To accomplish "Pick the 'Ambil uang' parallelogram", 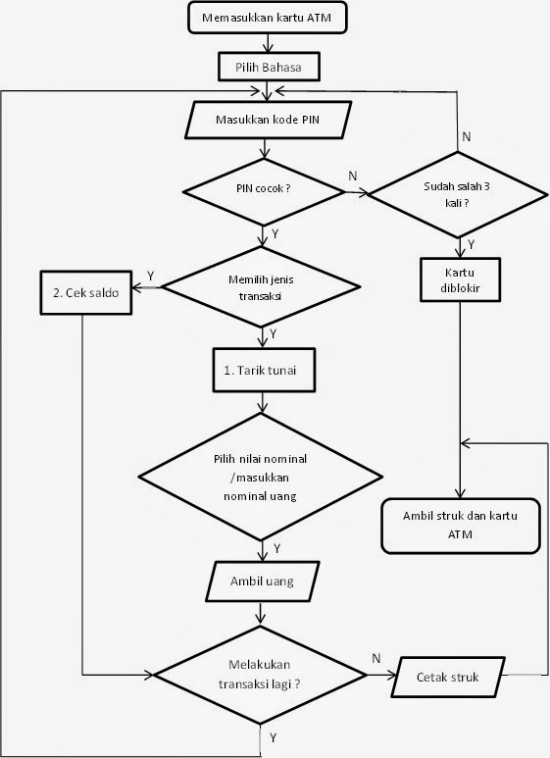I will [260, 582].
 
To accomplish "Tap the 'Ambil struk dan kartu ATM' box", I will [460, 524].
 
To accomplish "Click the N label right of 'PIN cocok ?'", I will [353, 177].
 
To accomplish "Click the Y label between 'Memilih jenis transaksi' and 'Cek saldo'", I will [149, 275].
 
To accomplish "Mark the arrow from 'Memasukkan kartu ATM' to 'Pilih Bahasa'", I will [266, 41].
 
